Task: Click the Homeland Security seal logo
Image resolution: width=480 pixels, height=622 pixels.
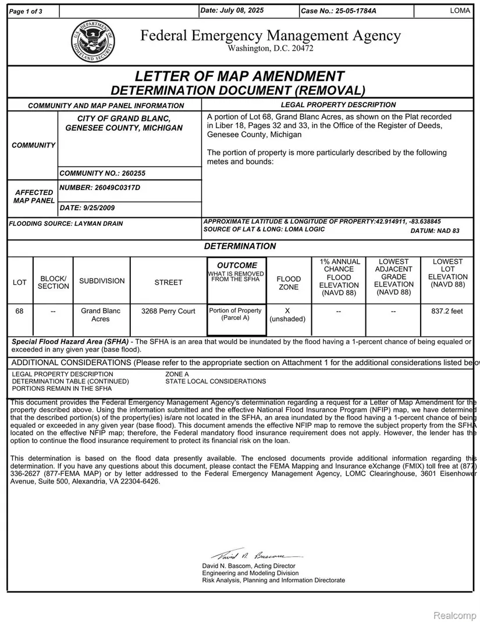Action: [x=93, y=42]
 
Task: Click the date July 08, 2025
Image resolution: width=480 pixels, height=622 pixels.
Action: [x=232, y=11]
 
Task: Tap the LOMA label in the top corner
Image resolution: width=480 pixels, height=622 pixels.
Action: [x=460, y=11]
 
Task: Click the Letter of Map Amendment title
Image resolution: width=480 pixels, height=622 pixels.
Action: [x=239, y=76]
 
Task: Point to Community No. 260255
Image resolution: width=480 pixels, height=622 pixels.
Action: [x=102, y=173]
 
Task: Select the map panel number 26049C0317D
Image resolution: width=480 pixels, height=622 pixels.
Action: [x=100, y=188]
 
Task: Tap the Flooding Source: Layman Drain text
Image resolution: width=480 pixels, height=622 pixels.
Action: [x=66, y=223]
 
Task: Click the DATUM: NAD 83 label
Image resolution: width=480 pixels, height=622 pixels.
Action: [x=435, y=231]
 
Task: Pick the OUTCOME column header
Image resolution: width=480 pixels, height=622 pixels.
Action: [x=237, y=266]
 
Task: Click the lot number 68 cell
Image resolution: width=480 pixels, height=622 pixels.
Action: [x=20, y=311]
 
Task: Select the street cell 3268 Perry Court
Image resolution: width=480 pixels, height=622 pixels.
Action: [x=168, y=311]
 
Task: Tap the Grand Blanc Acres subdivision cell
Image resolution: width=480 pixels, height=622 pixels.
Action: [x=101, y=315]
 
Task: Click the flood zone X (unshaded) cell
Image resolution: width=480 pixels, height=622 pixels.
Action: [x=288, y=315]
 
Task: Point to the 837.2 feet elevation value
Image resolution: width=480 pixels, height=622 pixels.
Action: [x=447, y=311]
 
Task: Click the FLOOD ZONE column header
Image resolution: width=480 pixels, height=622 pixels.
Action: [x=289, y=283]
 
